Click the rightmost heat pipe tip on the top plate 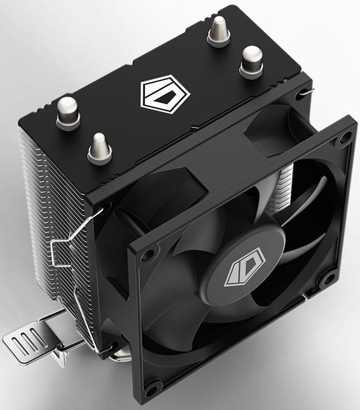(x=251, y=59)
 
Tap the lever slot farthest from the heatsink (x=19, y=343)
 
